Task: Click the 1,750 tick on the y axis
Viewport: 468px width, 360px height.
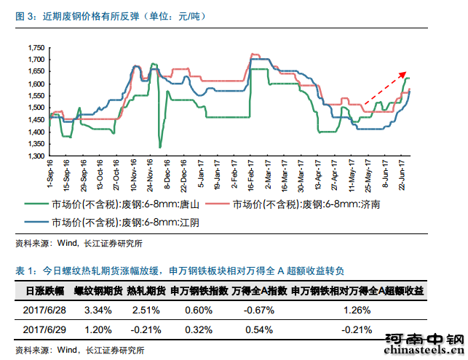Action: coord(35,47)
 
